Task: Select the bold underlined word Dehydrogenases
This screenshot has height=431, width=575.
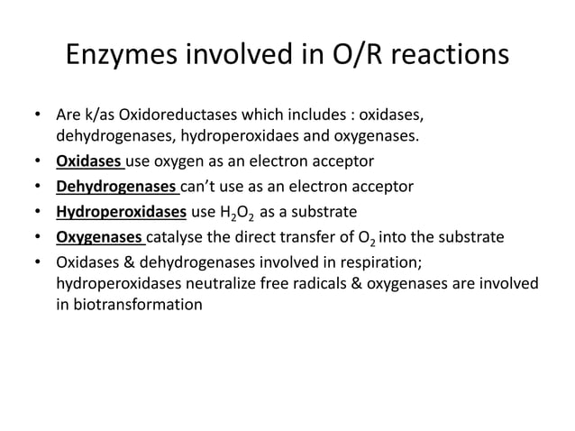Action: point(116,188)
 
